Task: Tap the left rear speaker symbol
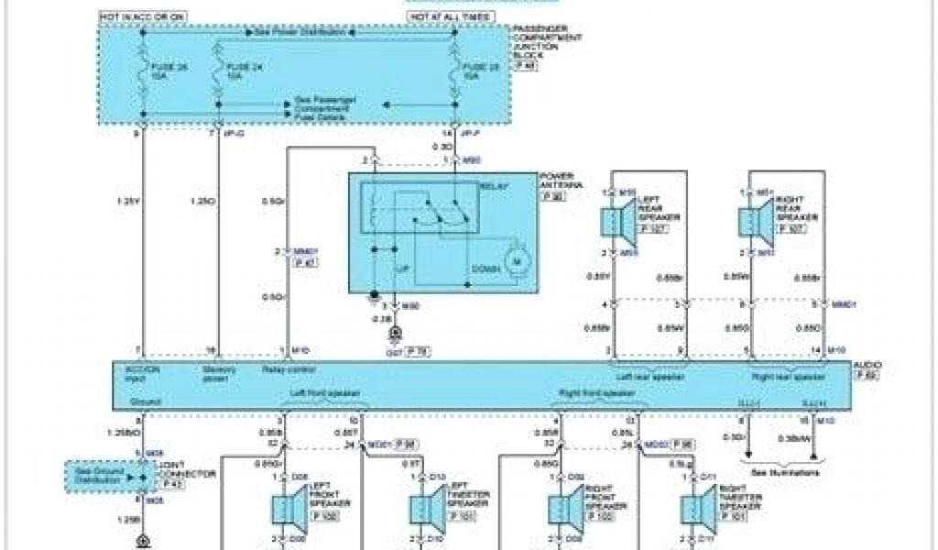tap(611, 223)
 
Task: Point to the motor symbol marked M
tap(515, 264)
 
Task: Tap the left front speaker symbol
tap(285, 510)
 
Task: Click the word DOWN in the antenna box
tap(485, 268)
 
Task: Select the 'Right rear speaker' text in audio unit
tap(788, 376)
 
